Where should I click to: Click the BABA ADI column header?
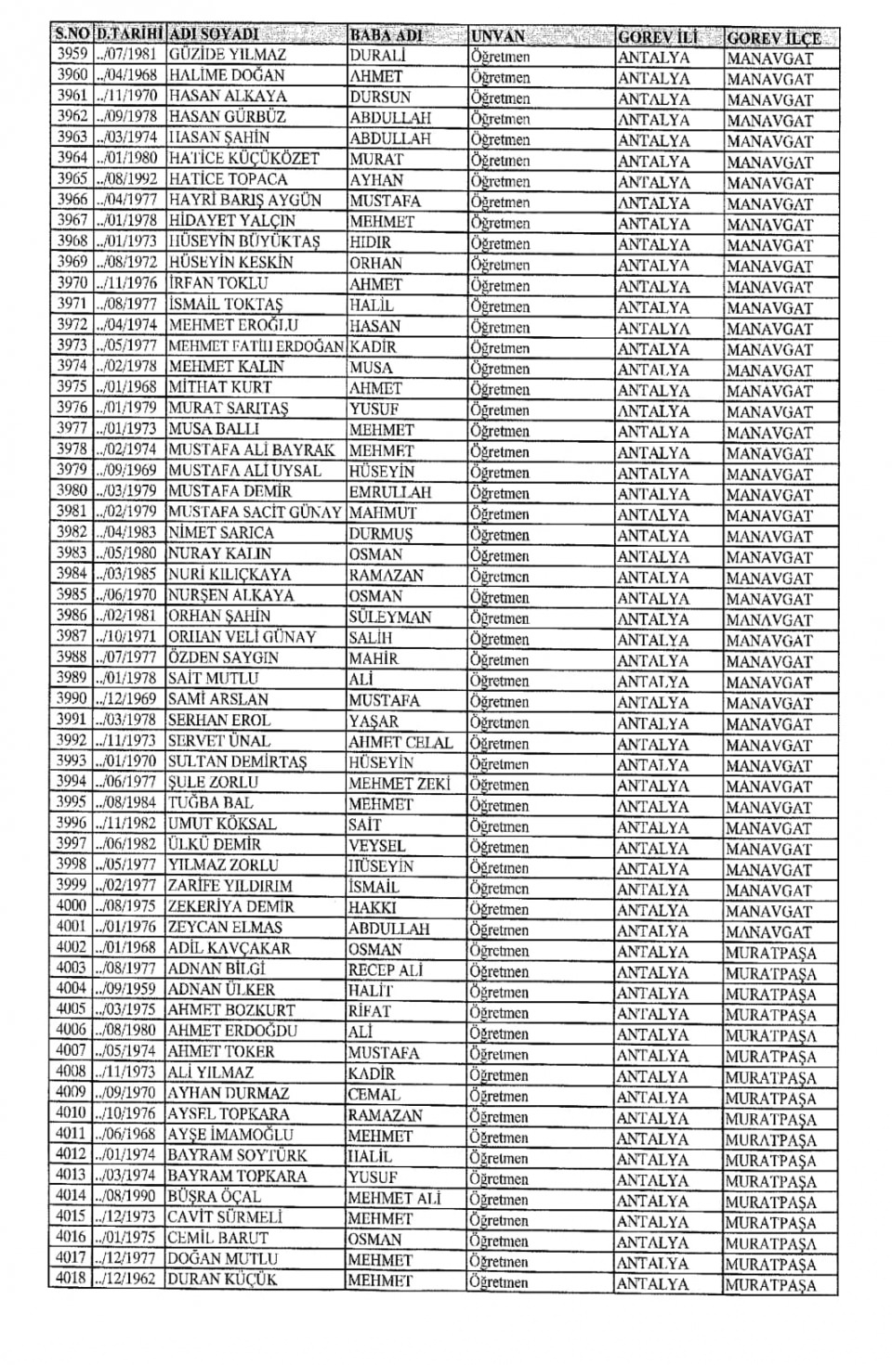pos(387,35)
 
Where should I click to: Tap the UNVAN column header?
pos(498,36)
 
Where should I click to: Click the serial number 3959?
pos(72,55)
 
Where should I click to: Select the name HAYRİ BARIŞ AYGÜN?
pos(244,200)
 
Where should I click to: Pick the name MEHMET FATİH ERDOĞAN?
pos(256,346)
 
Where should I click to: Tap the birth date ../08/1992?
pos(127,178)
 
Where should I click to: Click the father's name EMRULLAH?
pos(390,492)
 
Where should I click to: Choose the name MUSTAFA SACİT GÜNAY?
pos(255,512)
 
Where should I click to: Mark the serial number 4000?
pos(72,905)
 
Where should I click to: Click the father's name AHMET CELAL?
pos(400,742)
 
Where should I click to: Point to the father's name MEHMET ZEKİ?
pos(399,784)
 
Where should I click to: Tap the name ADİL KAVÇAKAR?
pos(229,948)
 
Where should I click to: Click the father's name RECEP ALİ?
pos(386,969)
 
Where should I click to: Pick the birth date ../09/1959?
pos(127,989)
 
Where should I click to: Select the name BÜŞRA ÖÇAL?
pos(215,1197)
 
